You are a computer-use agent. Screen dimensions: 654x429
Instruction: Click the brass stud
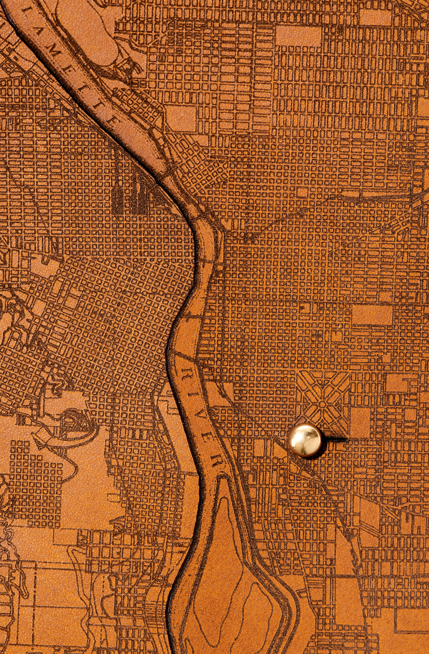(305, 440)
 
